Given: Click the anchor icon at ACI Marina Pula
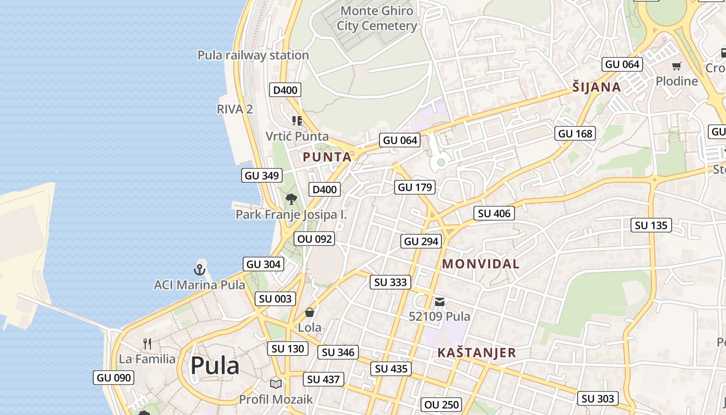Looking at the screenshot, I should (200, 269).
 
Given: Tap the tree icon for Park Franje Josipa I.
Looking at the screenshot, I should (291, 199).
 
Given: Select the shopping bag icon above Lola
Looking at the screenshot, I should (310, 312).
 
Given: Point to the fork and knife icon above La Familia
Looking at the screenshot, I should (147, 343).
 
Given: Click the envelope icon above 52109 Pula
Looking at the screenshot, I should (440, 301).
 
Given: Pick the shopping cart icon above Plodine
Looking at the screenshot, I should (676, 66).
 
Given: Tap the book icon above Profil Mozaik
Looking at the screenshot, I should (276, 384).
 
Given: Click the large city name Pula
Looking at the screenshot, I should (215, 366).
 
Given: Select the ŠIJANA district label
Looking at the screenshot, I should (596, 87).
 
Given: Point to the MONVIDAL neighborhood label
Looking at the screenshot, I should (481, 264).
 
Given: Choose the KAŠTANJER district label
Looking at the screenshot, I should (477, 353).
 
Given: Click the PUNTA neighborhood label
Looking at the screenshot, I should (327, 157).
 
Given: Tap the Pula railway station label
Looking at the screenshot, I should (253, 55).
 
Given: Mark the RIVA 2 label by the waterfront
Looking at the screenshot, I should (235, 109).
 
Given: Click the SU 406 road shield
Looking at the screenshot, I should (494, 213).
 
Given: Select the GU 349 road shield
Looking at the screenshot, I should (262, 175).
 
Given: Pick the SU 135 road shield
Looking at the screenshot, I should (651, 225).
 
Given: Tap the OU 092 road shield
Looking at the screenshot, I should (314, 239).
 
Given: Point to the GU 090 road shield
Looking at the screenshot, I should (114, 378).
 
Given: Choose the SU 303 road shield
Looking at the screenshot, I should (598, 398).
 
